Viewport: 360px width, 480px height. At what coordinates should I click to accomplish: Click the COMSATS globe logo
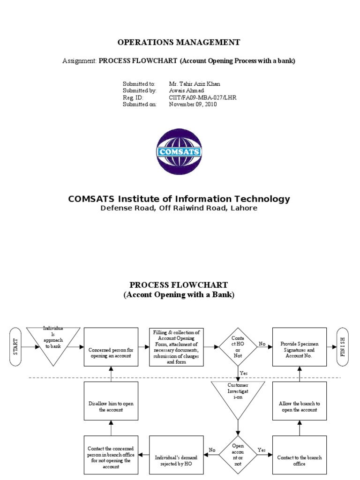pyautogui.click(x=179, y=151)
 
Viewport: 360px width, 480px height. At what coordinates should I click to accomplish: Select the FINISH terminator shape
pyautogui.click(x=343, y=346)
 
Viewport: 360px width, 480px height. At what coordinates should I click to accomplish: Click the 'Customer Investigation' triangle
pyautogui.click(x=238, y=396)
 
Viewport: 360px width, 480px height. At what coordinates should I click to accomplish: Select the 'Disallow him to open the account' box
pyautogui.click(x=111, y=401)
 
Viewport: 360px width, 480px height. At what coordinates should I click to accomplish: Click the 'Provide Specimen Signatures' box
pyautogui.click(x=300, y=347)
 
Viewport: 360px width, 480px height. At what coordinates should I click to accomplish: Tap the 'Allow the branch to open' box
pyautogui.click(x=300, y=401)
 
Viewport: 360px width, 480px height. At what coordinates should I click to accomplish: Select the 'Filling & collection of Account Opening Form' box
pyautogui.click(x=176, y=347)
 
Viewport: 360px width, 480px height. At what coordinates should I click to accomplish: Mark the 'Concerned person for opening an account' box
pyautogui.click(x=111, y=347)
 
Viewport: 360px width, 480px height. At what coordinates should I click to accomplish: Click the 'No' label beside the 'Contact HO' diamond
pyautogui.click(x=262, y=343)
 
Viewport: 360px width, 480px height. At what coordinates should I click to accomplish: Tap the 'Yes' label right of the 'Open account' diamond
pyautogui.click(x=262, y=449)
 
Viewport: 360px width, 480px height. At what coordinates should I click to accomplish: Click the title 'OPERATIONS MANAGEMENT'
pyautogui.click(x=179, y=42)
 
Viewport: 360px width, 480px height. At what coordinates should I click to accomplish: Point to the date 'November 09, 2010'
pyautogui.click(x=193, y=105)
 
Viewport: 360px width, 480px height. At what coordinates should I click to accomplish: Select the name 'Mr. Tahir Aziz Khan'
pyautogui.click(x=194, y=84)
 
